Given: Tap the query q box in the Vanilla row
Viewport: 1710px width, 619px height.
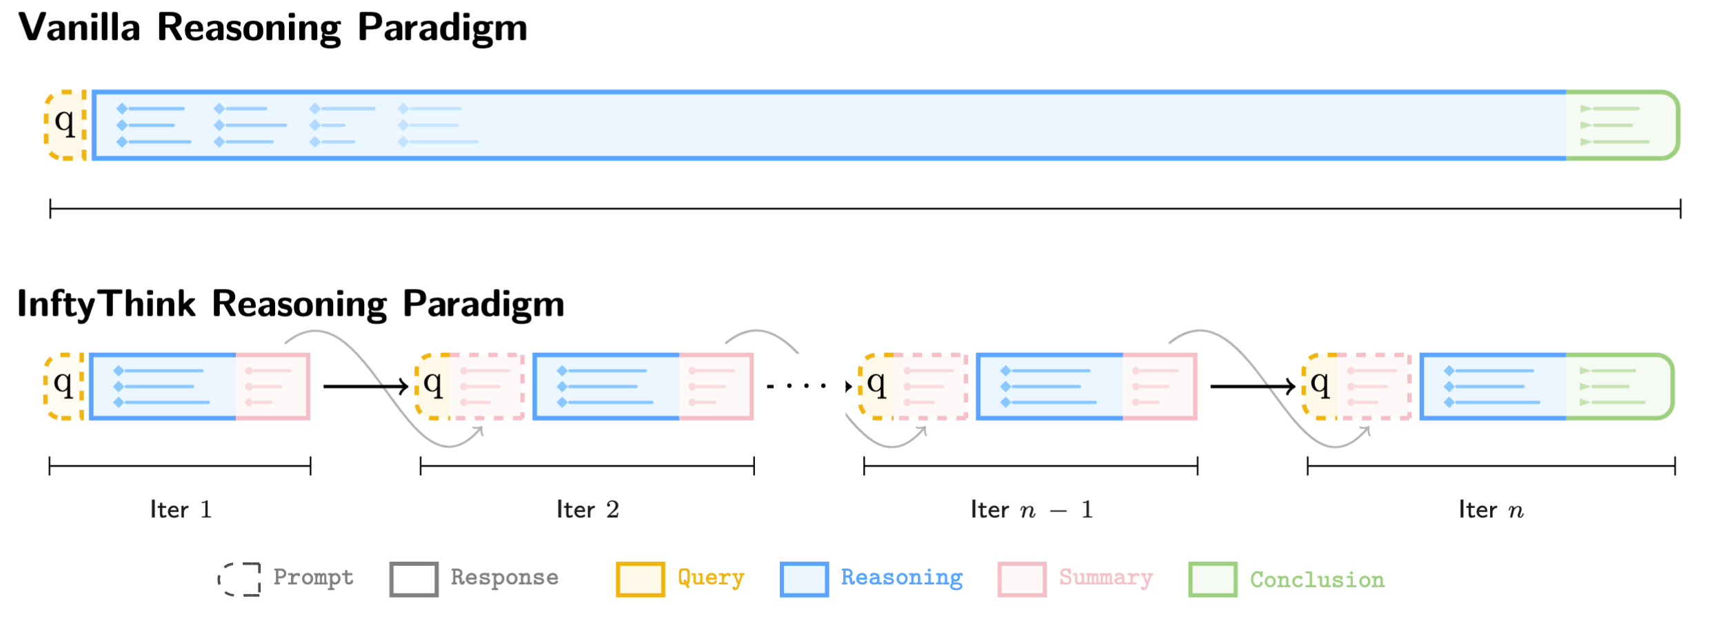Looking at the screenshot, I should pos(65,125).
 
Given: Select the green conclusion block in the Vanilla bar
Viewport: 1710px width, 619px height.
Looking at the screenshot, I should pos(1620,125).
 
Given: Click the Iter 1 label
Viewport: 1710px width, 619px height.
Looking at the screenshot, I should pos(181,510).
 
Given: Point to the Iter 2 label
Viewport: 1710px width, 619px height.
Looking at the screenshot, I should pos(587,510).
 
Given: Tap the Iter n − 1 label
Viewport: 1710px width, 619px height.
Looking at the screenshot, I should pos(1032,510).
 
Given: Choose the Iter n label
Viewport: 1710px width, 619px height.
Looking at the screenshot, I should pos(1491,510).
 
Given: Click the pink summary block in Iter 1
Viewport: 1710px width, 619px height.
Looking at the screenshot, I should pos(272,386).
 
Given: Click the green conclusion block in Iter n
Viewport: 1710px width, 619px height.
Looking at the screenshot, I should pos(1618,386).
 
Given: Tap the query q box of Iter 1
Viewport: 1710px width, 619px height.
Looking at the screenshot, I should pos(63,386).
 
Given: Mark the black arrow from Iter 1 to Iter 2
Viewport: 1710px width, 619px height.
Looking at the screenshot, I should pos(365,386).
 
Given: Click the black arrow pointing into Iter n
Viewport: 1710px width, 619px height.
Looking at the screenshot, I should pos(1252,386).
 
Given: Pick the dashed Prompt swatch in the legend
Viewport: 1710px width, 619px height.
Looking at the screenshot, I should pos(239,579).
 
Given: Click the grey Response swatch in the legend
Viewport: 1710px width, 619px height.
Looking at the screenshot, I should pos(414,579).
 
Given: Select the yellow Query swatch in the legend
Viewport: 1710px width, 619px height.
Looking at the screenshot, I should pos(640,579).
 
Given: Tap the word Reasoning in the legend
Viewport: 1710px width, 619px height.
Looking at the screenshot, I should pos(901,578).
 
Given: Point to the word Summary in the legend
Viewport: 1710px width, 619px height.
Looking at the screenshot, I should pos(1106,578).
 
